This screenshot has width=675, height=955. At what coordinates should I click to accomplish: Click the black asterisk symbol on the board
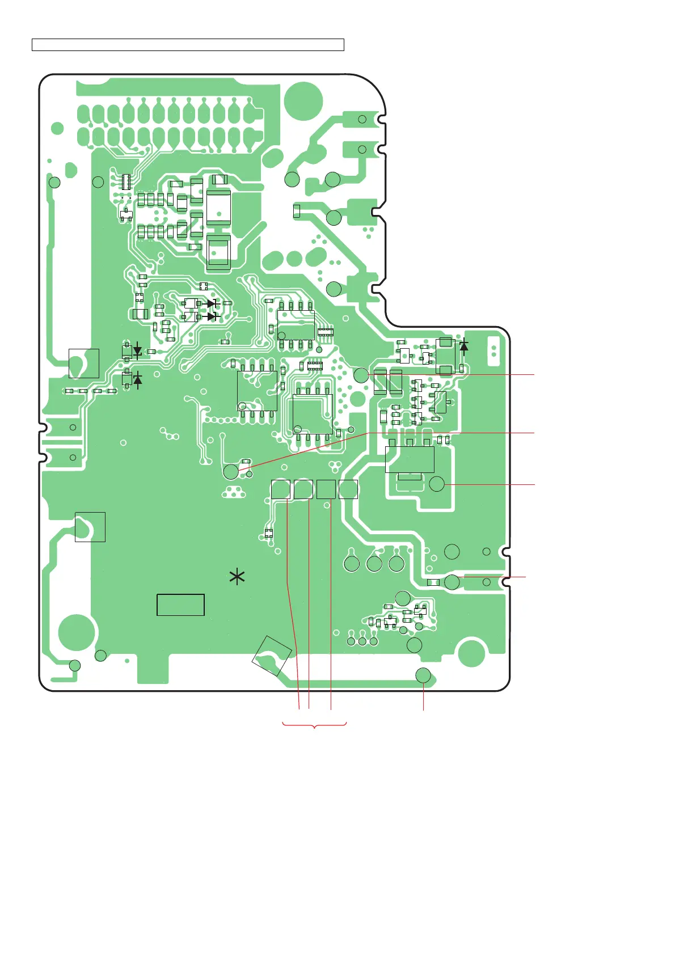pos(237,578)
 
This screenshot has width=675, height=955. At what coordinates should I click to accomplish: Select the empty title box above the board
pos(188,45)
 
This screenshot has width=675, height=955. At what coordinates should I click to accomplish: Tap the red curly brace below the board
pos(314,725)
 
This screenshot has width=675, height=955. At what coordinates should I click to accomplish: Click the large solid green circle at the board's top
pos(303,101)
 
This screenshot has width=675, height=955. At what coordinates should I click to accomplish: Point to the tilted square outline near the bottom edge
pos(272,656)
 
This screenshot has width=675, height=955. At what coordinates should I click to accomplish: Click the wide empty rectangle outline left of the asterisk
pos(180,605)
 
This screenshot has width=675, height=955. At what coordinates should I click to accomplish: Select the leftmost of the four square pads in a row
pos(281,489)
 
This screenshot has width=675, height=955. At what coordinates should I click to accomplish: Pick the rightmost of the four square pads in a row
pos(348,489)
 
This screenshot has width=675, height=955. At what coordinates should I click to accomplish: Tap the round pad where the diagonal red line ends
pos(231,472)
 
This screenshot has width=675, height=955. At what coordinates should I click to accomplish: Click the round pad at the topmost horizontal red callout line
pos(361,374)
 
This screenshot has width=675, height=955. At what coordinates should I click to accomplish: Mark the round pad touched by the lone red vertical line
pos(423,675)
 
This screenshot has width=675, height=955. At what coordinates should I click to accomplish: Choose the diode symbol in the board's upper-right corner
pos(464,345)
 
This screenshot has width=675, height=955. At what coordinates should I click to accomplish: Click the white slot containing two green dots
pos(493,350)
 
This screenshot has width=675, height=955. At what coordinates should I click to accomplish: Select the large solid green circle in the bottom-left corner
pos(76,632)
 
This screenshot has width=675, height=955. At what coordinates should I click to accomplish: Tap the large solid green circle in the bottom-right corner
pos(471,652)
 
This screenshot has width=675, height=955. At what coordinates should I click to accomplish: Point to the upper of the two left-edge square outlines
pos(84,363)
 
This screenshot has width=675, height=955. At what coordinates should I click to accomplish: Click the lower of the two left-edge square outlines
pos(90,527)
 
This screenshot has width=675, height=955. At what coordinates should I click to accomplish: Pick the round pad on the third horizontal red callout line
pos(437,484)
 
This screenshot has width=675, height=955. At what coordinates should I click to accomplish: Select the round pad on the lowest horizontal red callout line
pos(452,582)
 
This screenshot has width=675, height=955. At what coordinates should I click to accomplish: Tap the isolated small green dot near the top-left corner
pos(57,128)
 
